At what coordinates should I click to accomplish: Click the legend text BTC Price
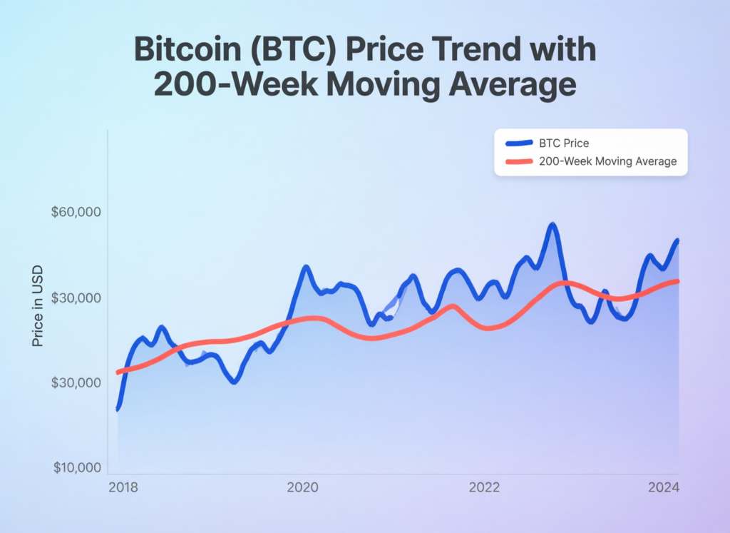pos(565,143)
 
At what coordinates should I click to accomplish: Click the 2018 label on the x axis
pos(123,488)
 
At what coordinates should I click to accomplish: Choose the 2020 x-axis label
pos(303,488)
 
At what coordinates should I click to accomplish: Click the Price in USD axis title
pos(38,306)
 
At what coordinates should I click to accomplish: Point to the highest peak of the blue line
pos(552,225)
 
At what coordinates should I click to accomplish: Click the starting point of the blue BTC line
pos(118,408)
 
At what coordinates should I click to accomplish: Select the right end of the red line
pos(677,281)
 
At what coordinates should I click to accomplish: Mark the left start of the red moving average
pos(118,372)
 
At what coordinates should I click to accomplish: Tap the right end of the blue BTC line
pos(677,241)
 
